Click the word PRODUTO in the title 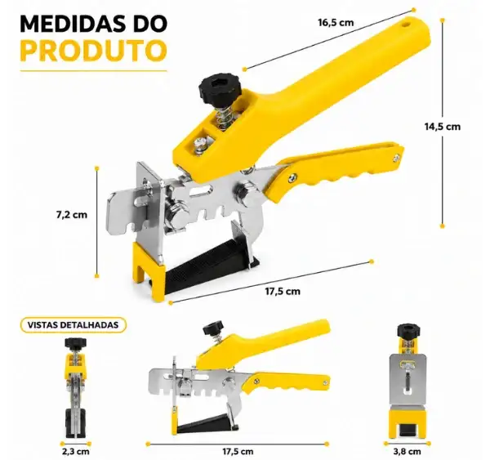click(x=93, y=51)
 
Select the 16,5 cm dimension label click(x=336, y=23)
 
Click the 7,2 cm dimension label click(x=72, y=215)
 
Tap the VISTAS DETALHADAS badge click(x=73, y=325)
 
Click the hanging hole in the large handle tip click(x=406, y=24)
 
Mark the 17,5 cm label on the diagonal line click(x=283, y=291)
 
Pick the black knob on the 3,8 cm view click(x=408, y=331)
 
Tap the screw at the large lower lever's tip click(x=397, y=159)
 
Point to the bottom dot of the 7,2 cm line click(x=97, y=276)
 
